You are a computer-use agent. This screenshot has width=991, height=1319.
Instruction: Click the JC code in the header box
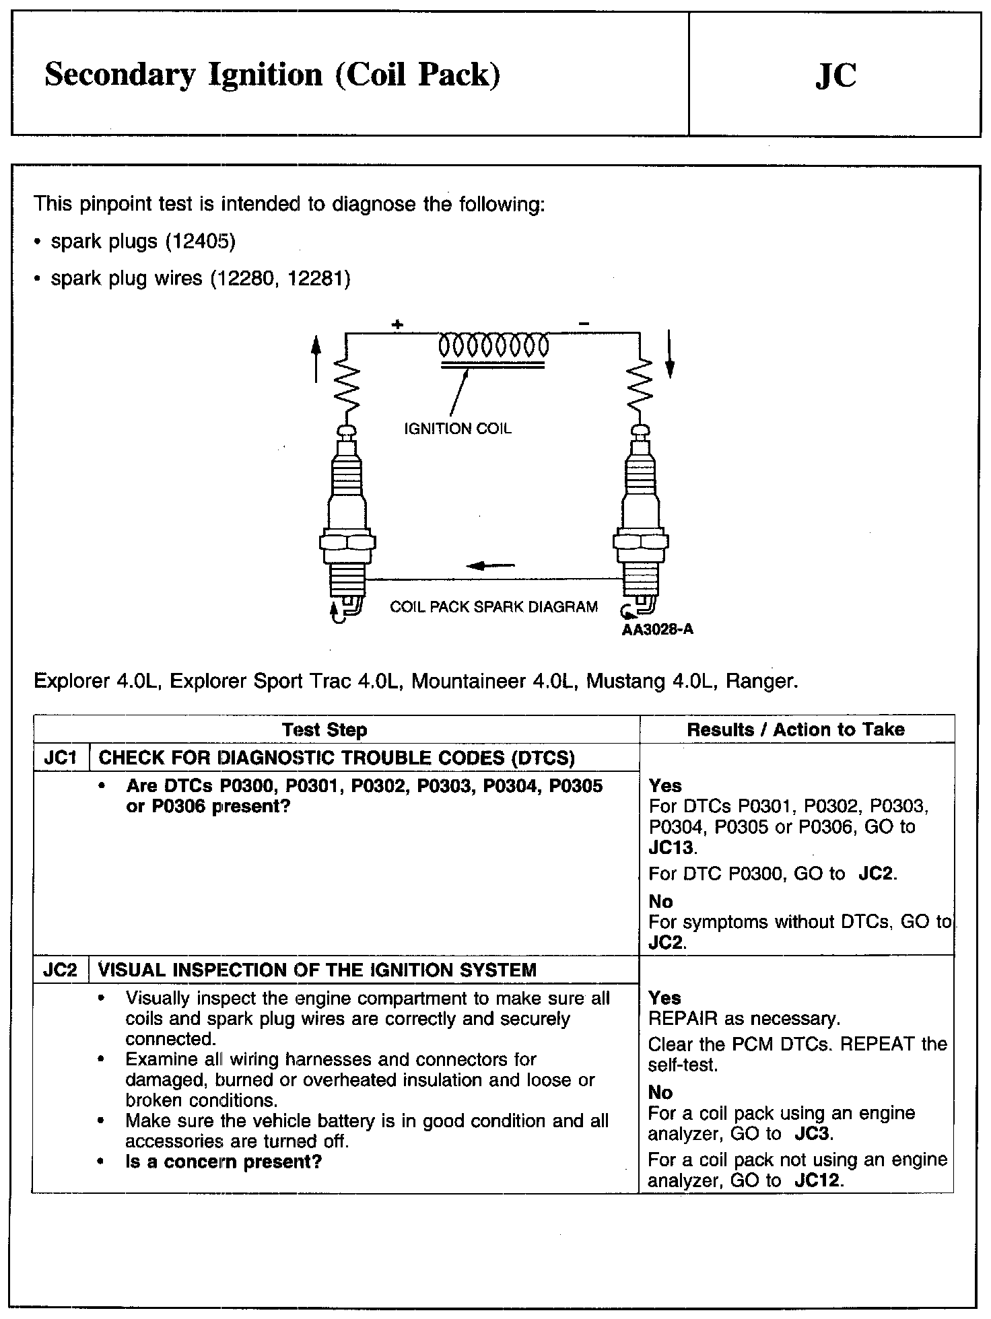pos(835,75)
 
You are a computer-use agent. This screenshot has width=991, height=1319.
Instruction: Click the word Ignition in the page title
pos(265,75)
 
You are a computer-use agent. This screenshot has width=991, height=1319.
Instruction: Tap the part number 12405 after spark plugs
pos(199,242)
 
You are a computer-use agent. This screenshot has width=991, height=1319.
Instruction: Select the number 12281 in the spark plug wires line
pos(315,279)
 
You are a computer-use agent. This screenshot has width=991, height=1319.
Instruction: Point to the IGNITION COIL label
pos(457,429)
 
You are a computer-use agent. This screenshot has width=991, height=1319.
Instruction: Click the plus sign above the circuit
pos(397,325)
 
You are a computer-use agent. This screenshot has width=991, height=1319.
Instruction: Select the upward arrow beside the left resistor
pos(316,360)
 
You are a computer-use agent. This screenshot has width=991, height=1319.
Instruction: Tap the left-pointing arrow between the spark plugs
pos(490,565)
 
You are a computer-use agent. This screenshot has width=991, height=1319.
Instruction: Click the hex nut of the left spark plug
pos(347,541)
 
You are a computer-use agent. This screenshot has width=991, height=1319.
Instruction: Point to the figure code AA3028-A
pos(658,630)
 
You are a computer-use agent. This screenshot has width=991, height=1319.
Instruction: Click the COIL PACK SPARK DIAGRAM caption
pos(493,607)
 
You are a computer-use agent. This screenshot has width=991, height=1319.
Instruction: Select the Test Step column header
pos(324,729)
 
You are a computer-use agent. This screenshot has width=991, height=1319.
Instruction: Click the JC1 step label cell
pos(61,758)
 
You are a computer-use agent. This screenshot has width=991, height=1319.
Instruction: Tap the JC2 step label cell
pos(61,970)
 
